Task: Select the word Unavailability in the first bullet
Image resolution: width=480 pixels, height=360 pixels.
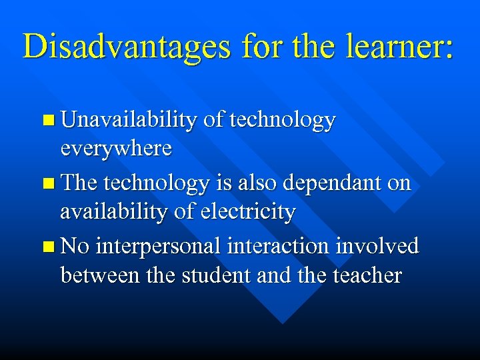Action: click(x=128, y=120)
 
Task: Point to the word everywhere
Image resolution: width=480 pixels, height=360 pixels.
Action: click(x=116, y=148)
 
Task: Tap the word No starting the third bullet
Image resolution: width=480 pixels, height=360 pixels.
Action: click(x=75, y=246)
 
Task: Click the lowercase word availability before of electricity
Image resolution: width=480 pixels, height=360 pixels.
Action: click(x=119, y=211)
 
